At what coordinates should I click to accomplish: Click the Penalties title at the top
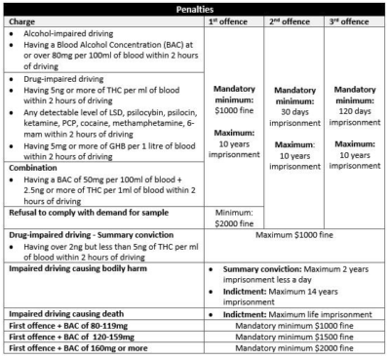(195, 7)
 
